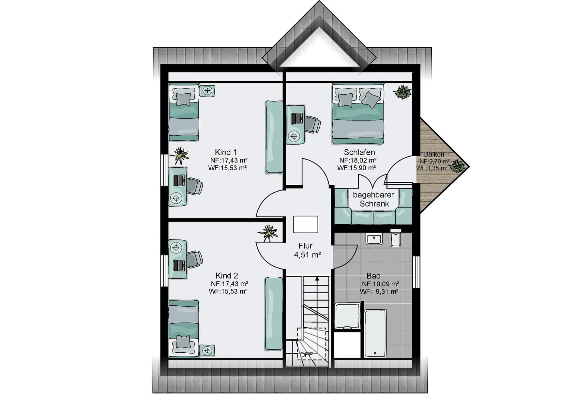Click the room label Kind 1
click(226, 152)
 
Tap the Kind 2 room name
click(227, 276)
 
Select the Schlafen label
click(359, 152)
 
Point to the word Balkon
click(434, 154)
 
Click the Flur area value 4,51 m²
click(308, 255)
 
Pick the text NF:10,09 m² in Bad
click(381, 284)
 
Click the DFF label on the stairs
click(306, 355)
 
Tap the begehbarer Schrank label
click(374, 199)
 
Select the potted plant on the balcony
click(458, 166)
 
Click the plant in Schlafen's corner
click(402, 92)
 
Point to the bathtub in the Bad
click(375, 333)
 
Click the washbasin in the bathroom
click(374, 239)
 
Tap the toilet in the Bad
click(396, 238)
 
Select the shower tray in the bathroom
click(348, 316)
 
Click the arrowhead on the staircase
click(317, 279)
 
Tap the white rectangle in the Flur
click(306, 224)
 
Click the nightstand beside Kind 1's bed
click(207, 90)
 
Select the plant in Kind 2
click(268, 233)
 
